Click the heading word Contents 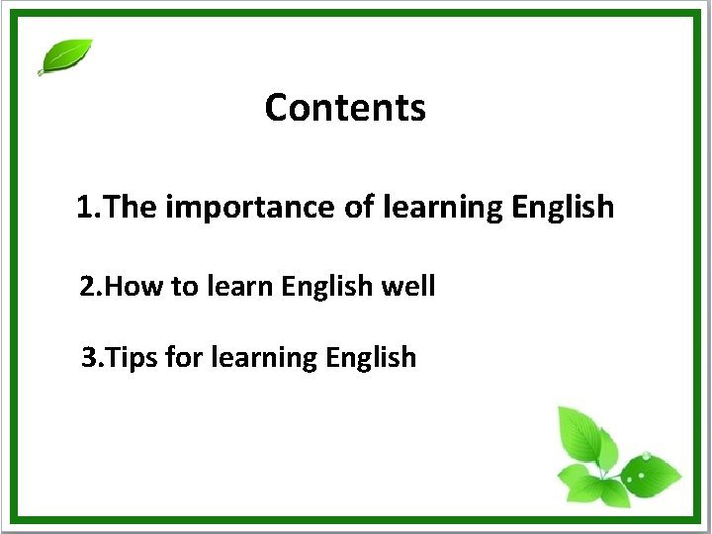click(x=345, y=107)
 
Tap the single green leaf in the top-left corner click(x=65, y=56)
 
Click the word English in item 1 click(x=563, y=209)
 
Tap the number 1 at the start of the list click(x=86, y=208)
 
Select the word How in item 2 click(x=135, y=287)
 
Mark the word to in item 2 click(x=185, y=288)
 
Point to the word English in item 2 click(x=324, y=288)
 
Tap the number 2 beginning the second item click(x=88, y=287)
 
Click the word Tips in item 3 click(x=133, y=357)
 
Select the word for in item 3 click(x=184, y=357)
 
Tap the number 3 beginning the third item click(x=89, y=357)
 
